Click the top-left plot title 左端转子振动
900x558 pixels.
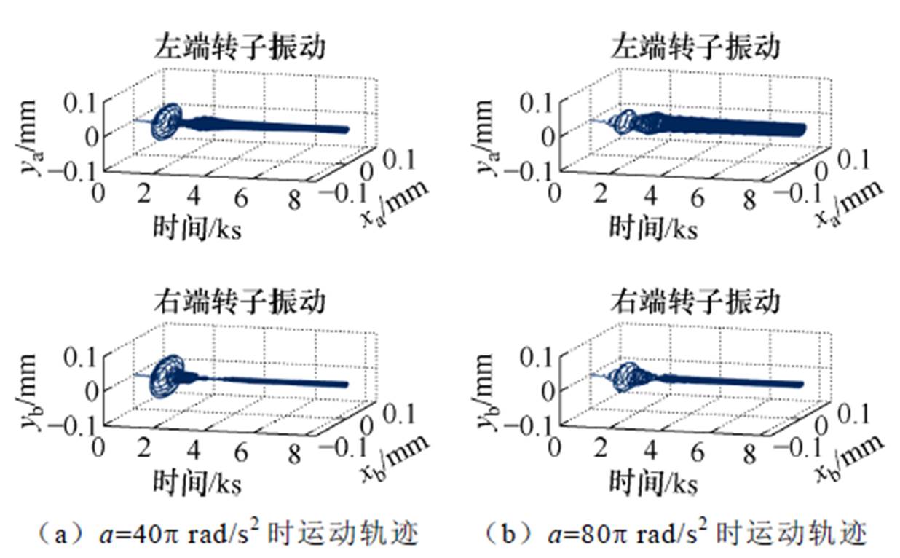[239, 47]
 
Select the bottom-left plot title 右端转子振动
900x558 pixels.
[239, 300]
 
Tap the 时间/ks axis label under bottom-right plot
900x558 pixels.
[652, 482]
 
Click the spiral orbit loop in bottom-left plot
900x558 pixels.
[168, 376]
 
